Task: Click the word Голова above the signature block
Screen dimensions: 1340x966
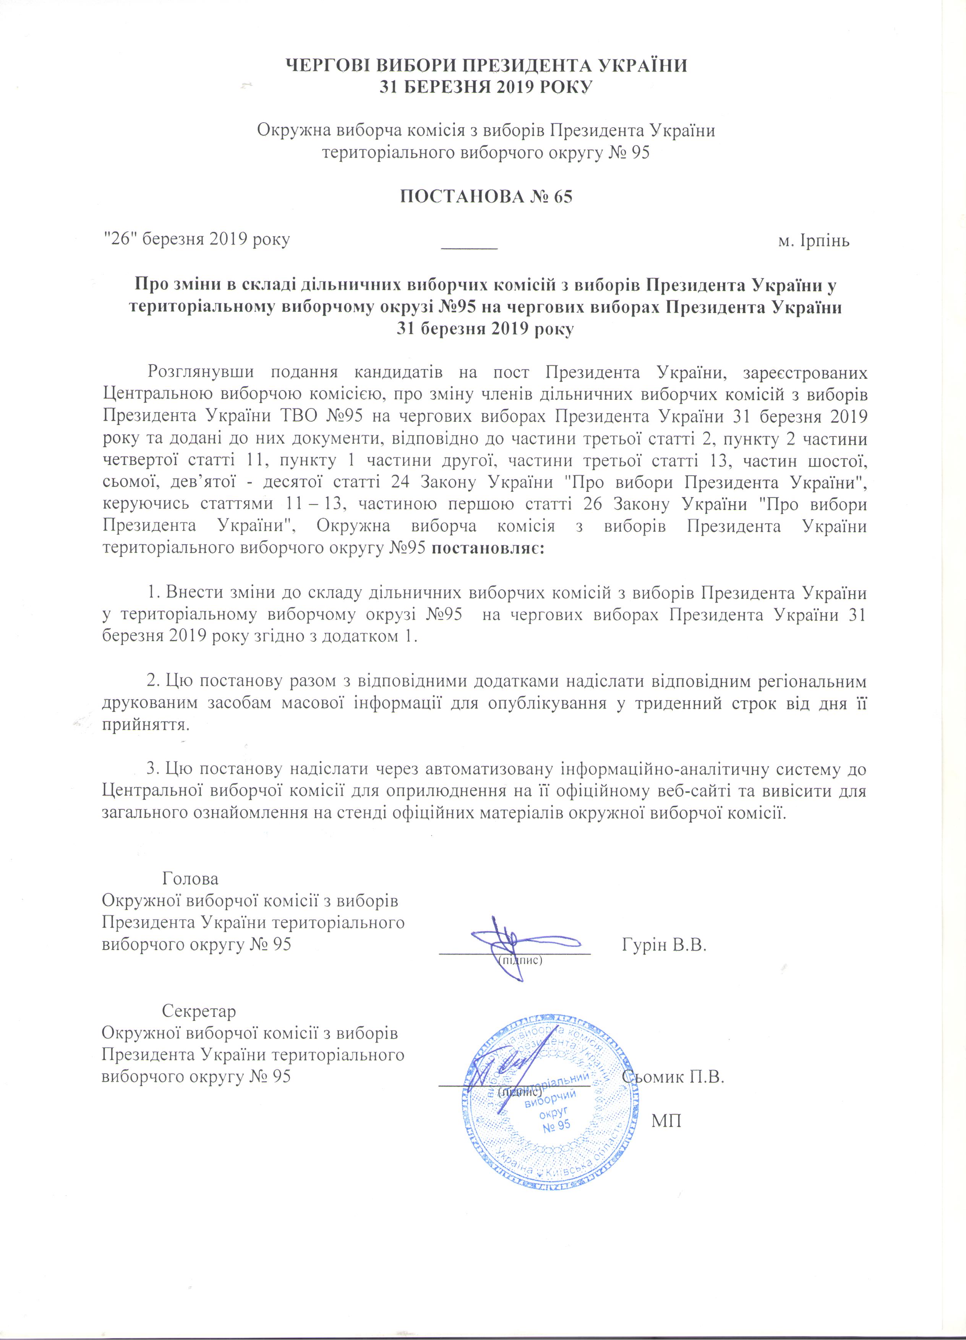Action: point(190,878)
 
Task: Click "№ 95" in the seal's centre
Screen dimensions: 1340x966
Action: point(556,1124)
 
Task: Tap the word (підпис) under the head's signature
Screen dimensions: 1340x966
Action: point(520,960)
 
